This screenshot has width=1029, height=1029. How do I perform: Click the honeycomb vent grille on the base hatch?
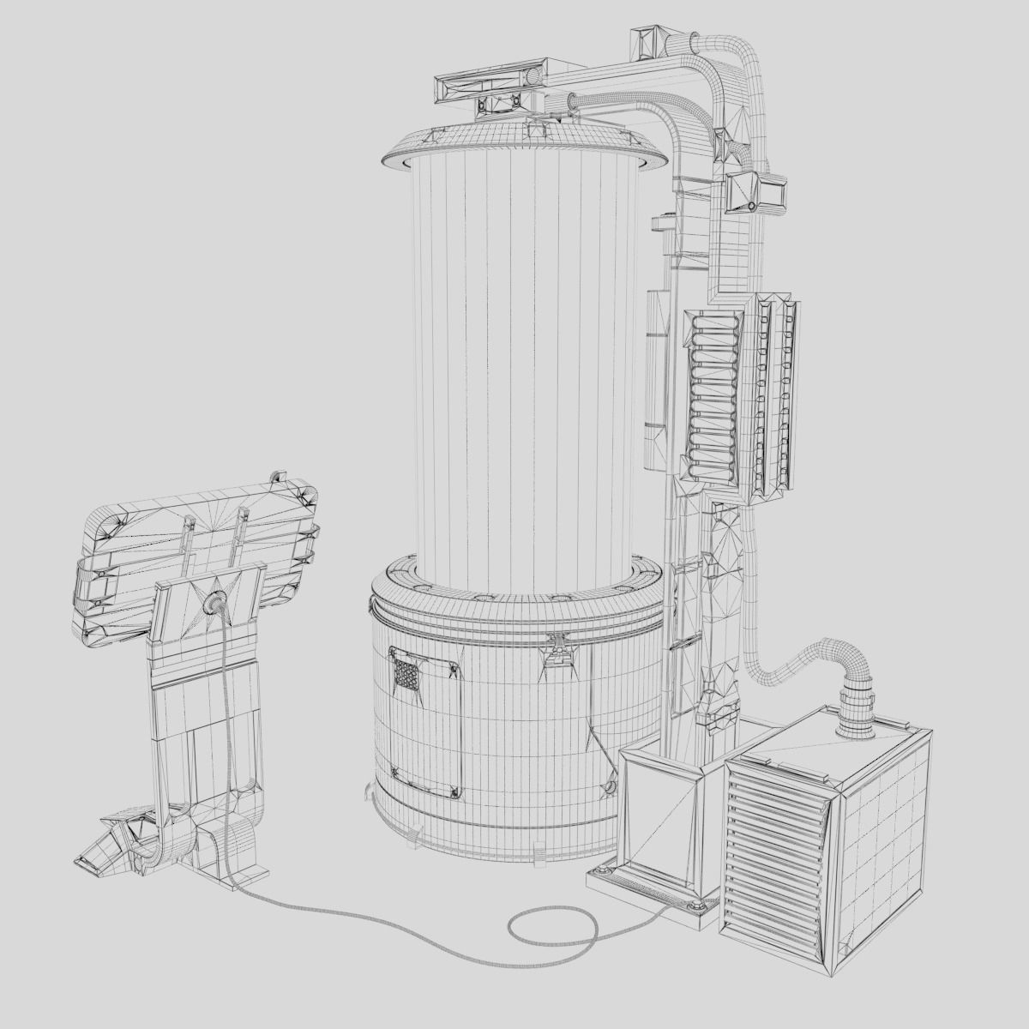pyautogui.click(x=406, y=672)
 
